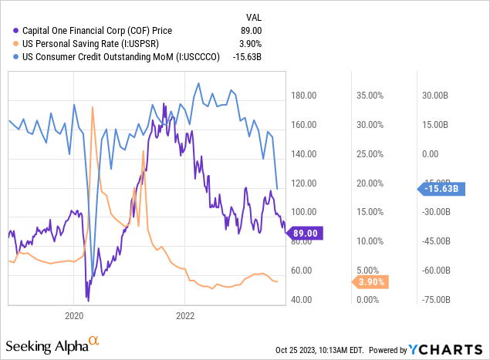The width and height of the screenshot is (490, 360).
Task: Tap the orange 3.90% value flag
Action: (x=371, y=282)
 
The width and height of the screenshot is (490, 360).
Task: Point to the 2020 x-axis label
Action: (x=74, y=315)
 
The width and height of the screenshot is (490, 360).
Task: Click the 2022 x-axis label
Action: (x=185, y=315)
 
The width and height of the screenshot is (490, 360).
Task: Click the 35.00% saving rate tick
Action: (x=370, y=96)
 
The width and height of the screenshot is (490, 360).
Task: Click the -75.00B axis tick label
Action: (x=438, y=300)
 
